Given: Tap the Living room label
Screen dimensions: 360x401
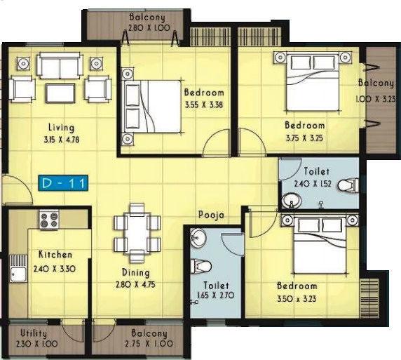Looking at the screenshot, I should coord(62,128).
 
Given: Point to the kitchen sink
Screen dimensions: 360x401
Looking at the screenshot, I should coord(17,274).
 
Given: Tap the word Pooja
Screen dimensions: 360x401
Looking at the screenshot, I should coord(210,215).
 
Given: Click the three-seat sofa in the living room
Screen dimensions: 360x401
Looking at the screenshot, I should coord(60,67).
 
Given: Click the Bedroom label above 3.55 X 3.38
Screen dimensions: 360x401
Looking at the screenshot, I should coord(204,93).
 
